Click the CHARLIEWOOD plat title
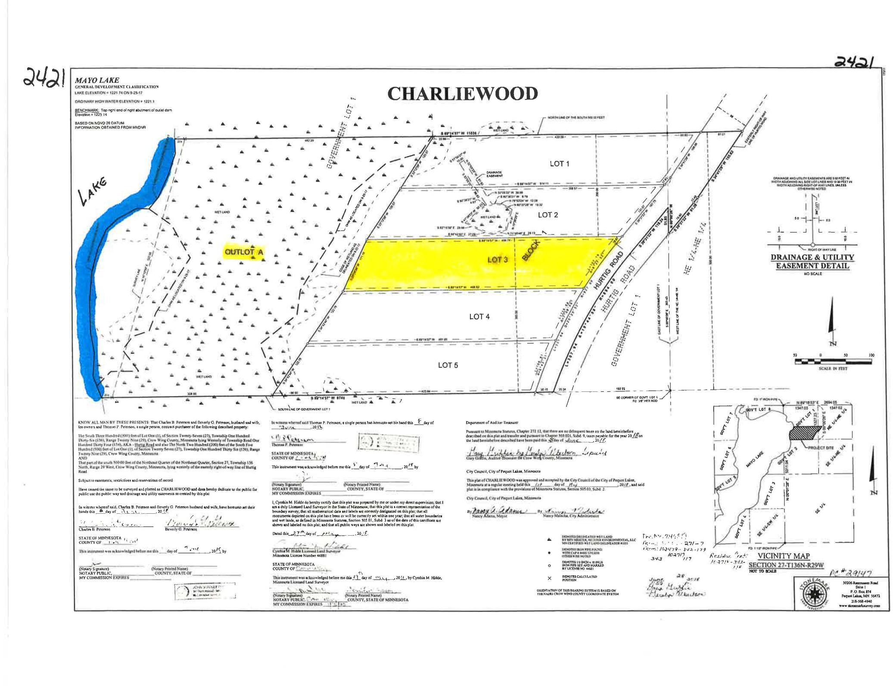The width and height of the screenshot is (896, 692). (x=462, y=94)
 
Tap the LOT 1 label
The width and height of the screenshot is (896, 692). (x=560, y=164)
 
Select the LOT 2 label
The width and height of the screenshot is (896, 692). (x=548, y=215)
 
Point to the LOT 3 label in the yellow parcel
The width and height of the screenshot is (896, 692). (x=497, y=260)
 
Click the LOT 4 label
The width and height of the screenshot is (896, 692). (x=479, y=317)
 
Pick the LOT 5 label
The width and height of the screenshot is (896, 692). (x=448, y=365)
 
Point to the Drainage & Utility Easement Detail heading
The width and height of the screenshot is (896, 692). (x=812, y=261)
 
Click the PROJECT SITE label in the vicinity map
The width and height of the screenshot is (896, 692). (x=830, y=447)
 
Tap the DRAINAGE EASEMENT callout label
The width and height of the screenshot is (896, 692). (x=494, y=174)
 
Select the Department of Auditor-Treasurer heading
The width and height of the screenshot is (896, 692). (x=492, y=422)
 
